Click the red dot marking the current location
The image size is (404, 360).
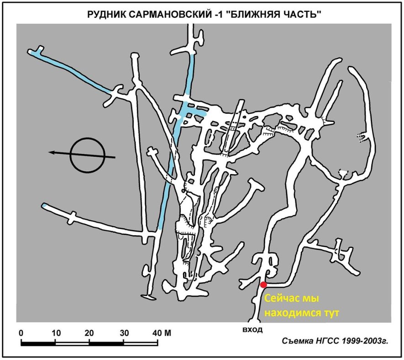(263, 285)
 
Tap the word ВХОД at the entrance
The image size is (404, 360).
(252, 329)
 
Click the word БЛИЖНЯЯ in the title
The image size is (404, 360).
(251, 15)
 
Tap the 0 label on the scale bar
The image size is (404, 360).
(21, 333)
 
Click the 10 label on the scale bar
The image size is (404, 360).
(56, 333)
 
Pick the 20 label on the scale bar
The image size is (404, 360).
(89, 333)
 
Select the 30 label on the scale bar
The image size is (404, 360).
(124, 333)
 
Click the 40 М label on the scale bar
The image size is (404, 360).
(162, 333)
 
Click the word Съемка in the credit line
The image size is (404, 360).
(298, 341)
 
